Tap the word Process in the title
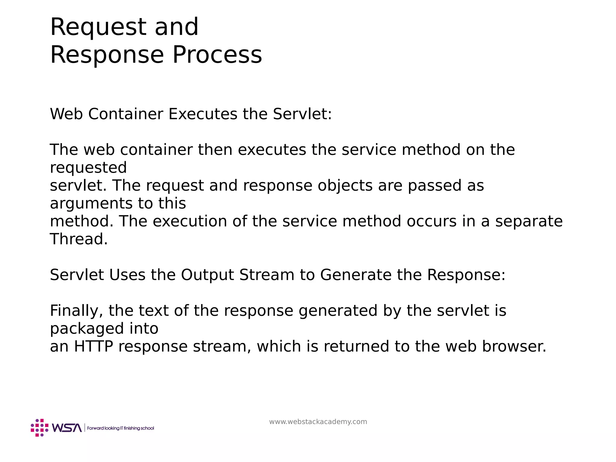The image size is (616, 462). click(217, 55)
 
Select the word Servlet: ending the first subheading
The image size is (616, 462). click(302, 114)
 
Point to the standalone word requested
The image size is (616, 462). click(88, 168)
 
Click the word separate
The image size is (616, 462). click(528, 221)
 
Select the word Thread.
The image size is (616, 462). click(79, 239)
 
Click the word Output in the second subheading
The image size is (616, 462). click(207, 275)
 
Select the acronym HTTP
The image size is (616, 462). click(93, 346)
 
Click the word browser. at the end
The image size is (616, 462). click(514, 346)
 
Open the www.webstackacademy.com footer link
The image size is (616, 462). click(318, 422)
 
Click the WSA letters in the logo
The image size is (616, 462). click(67, 428)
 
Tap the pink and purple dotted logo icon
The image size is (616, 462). click(39, 427)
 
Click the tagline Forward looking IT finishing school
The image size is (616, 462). click(120, 428)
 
